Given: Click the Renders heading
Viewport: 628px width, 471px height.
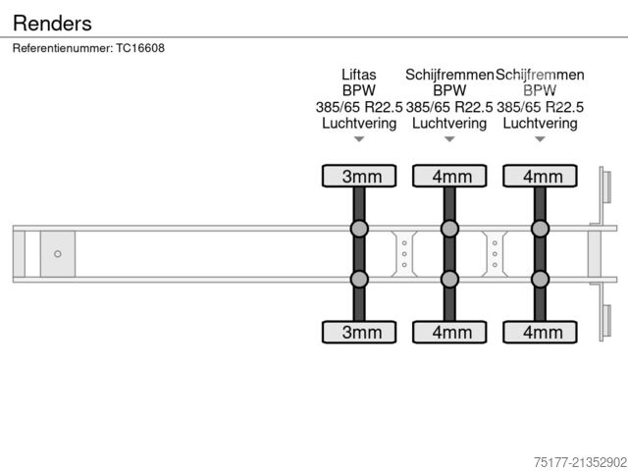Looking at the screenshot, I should coord(52,23).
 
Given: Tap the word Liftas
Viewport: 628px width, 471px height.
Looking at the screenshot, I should coord(358,75).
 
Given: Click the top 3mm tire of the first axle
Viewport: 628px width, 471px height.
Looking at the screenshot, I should coord(360,177).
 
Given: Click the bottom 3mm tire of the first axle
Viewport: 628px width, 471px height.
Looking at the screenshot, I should coord(360,333).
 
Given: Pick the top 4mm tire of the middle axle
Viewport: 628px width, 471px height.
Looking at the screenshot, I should coord(450,177).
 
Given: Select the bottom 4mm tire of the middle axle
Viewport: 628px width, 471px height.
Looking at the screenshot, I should coord(450,333).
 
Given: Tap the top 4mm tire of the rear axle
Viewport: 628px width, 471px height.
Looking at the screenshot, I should coord(541,177).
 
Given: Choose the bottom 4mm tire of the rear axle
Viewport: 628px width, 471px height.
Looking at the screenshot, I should coord(541,333).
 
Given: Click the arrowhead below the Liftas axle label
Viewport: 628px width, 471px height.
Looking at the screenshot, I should coord(359,139).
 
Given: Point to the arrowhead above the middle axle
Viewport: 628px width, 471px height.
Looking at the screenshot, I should coord(449,139).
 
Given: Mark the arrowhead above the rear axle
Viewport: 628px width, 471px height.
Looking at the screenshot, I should coord(540,139).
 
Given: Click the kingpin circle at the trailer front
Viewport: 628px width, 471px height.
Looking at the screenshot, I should coord(58,254).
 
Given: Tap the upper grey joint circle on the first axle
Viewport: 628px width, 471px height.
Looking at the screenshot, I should coord(359,230).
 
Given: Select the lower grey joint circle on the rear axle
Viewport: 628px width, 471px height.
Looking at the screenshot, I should coord(540,279).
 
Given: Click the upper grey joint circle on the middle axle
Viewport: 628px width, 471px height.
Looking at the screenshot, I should coord(449,230).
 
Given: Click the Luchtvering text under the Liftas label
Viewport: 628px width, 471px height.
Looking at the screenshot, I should coord(359,124).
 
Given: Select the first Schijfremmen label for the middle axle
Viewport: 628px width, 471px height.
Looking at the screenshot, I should coord(448,75).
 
